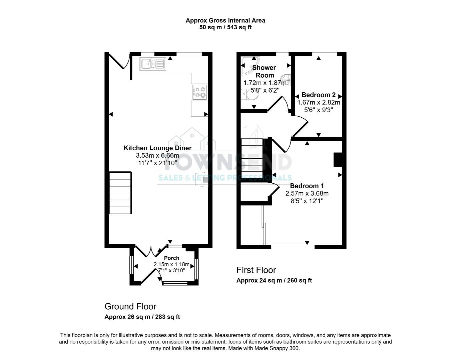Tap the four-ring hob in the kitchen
[x=199, y=92]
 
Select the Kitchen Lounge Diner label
[x=157, y=148]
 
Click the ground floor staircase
[x=120, y=193]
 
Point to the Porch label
[x=171, y=258]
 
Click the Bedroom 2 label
[x=319, y=95]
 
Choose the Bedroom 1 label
[x=307, y=186]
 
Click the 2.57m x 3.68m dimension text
[x=307, y=193]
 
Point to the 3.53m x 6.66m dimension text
[x=157, y=156]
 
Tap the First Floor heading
[x=256, y=270]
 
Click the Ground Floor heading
[x=130, y=306]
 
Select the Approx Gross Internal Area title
[x=225, y=20]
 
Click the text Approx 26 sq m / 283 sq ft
[x=142, y=317]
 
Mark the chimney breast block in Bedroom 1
[x=338, y=159]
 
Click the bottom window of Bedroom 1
[x=293, y=247]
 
